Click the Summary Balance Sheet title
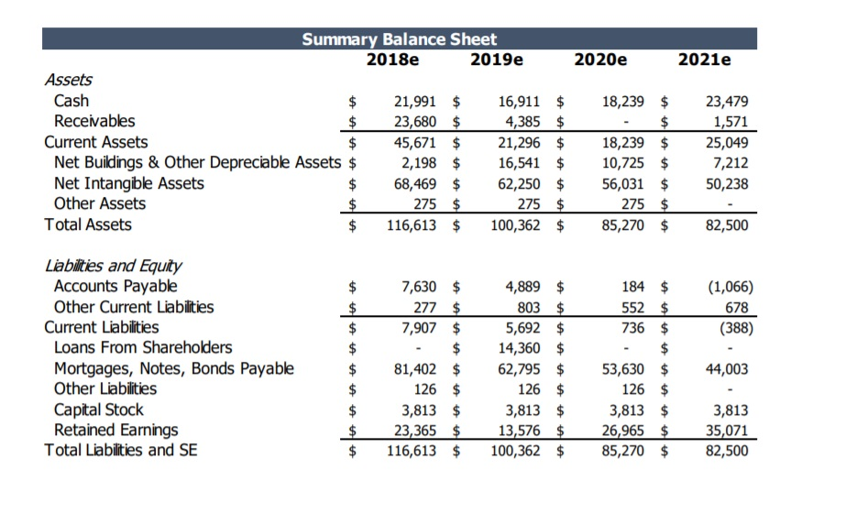point(400,38)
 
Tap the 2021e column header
point(704,60)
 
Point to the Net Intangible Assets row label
point(129,183)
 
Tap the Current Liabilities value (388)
point(731,327)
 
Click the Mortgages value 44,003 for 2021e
point(729,369)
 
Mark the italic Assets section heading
point(69,80)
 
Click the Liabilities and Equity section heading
point(113,266)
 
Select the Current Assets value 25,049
point(729,142)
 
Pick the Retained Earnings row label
point(116,430)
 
